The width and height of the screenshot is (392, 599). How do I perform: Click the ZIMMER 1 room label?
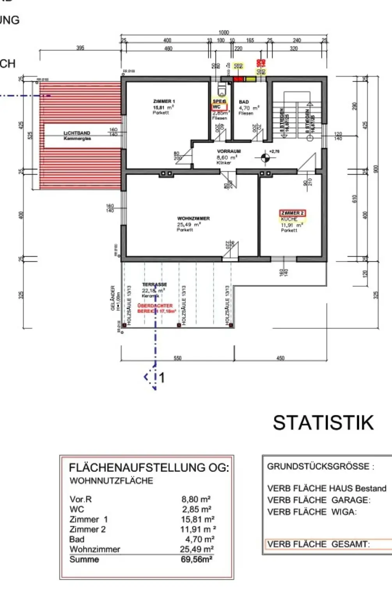pos(164,101)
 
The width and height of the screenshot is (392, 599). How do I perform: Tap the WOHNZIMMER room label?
pos(193,219)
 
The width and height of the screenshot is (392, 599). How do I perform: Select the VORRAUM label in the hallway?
pos(229,151)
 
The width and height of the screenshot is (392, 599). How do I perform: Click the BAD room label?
pos(244,102)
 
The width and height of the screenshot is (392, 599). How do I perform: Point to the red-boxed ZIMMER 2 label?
pos(292,213)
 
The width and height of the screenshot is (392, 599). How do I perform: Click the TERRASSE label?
pos(154,285)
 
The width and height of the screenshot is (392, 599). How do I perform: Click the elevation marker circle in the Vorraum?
pos(265,158)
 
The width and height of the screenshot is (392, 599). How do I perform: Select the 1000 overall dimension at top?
pos(223,33)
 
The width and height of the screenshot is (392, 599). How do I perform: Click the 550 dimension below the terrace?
pos(177,358)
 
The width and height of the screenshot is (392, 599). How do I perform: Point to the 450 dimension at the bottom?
pos(280,358)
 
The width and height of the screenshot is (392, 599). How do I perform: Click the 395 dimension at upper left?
pos(80,48)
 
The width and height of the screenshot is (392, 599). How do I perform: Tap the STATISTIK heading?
pos(323,423)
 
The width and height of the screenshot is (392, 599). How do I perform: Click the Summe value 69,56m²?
pos(197,559)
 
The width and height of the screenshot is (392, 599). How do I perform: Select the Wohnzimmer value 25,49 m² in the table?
pos(197,549)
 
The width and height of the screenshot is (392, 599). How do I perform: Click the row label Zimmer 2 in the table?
pos(87,529)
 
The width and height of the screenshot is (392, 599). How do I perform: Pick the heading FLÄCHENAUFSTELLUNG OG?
pos(149,468)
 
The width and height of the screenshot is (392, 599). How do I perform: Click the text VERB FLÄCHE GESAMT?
pos(318,544)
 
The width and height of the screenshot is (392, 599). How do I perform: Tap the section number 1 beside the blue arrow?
pos(162,377)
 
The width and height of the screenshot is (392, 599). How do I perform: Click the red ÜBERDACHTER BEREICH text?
pos(155,308)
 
